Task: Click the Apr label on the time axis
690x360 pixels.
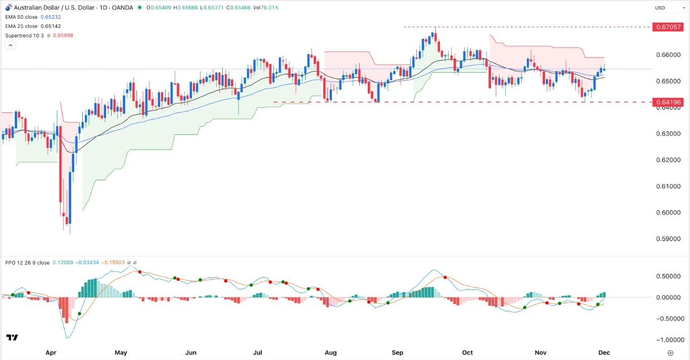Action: coord(50,352)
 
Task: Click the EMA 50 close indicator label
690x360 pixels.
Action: coord(21,17)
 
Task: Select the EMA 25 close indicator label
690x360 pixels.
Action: coord(21,26)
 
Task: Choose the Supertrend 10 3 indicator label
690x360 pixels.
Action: coord(25,35)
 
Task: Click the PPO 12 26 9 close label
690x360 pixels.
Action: coord(28,263)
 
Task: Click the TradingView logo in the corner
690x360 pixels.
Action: coord(12,337)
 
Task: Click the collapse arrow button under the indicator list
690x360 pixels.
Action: coord(10,45)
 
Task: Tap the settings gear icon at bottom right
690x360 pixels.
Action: coord(670,352)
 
